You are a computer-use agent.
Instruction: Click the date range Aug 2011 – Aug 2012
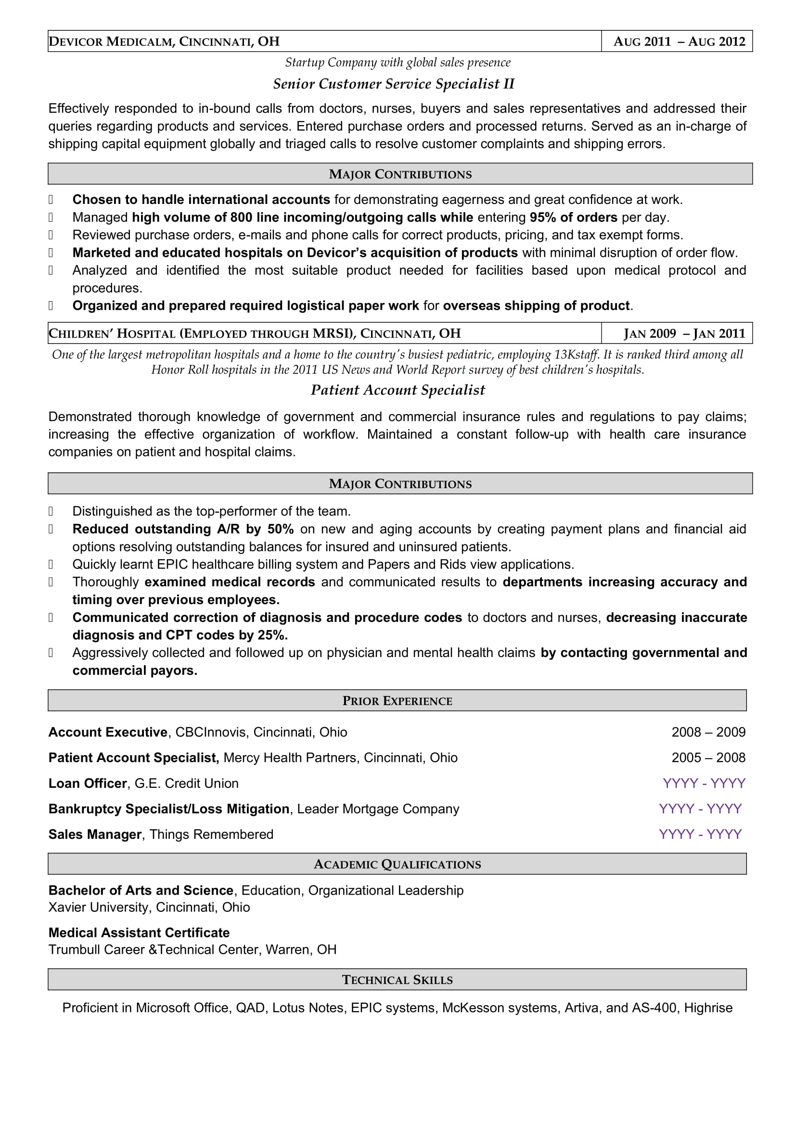coord(679,42)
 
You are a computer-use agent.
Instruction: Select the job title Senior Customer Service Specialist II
coord(394,84)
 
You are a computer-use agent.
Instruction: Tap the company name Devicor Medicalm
coord(111,42)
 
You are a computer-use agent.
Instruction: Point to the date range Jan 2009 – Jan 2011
coord(684,334)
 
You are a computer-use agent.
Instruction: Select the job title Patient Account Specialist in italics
coord(398,390)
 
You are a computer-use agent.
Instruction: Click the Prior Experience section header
coord(397,701)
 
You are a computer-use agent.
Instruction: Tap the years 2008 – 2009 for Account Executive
coord(708,732)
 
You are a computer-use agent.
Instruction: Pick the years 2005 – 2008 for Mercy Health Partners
coord(708,758)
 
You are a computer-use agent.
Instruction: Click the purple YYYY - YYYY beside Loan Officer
coord(704,783)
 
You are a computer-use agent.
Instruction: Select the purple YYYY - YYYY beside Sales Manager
coord(700,834)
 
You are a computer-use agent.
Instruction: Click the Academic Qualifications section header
coord(397,864)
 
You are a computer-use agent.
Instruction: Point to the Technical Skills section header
coord(397,979)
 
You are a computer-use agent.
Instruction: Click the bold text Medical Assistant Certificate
coord(139,933)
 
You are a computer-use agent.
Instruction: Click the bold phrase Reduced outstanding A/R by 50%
coord(183,529)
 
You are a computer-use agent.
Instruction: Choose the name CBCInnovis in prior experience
coord(210,732)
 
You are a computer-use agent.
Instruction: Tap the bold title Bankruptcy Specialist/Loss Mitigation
coord(169,809)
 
